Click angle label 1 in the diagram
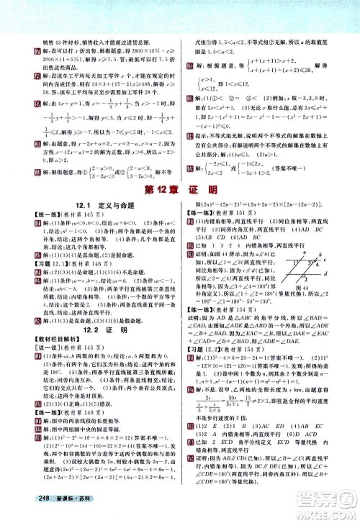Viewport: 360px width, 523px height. coord(318,258)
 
